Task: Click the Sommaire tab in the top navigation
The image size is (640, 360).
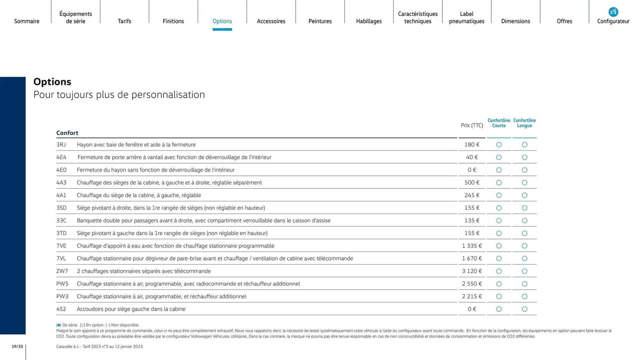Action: click(x=27, y=21)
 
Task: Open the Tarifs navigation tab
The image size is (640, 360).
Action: click(x=124, y=21)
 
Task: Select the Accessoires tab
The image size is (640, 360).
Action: click(x=271, y=21)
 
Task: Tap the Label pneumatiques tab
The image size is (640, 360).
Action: click(x=466, y=18)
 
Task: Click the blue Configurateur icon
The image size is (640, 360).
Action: click(x=613, y=12)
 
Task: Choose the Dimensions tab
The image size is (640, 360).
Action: click(x=515, y=21)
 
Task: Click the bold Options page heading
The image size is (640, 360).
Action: click(x=52, y=82)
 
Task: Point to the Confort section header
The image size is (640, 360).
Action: click(x=67, y=133)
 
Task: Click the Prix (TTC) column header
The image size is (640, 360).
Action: click(x=472, y=125)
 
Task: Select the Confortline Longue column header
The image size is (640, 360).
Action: click(x=524, y=123)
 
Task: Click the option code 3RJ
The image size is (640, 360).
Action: click(x=61, y=145)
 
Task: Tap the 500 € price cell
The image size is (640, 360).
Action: click(x=472, y=183)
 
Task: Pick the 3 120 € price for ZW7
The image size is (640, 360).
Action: click(x=472, y=271)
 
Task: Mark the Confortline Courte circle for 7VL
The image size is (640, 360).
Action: click(x=499, y=259)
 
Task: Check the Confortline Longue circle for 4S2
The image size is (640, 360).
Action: click(x=524, y=309)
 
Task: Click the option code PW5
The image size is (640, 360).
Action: click(x=62, y=284)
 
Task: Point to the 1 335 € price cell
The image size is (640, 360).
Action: click(x=472, y=246)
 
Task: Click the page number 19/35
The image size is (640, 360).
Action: click(x=17, y=347)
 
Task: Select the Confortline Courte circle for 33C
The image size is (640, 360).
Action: click(x=499, y=221)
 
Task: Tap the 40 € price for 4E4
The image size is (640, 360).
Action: click(x=472, y=157)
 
